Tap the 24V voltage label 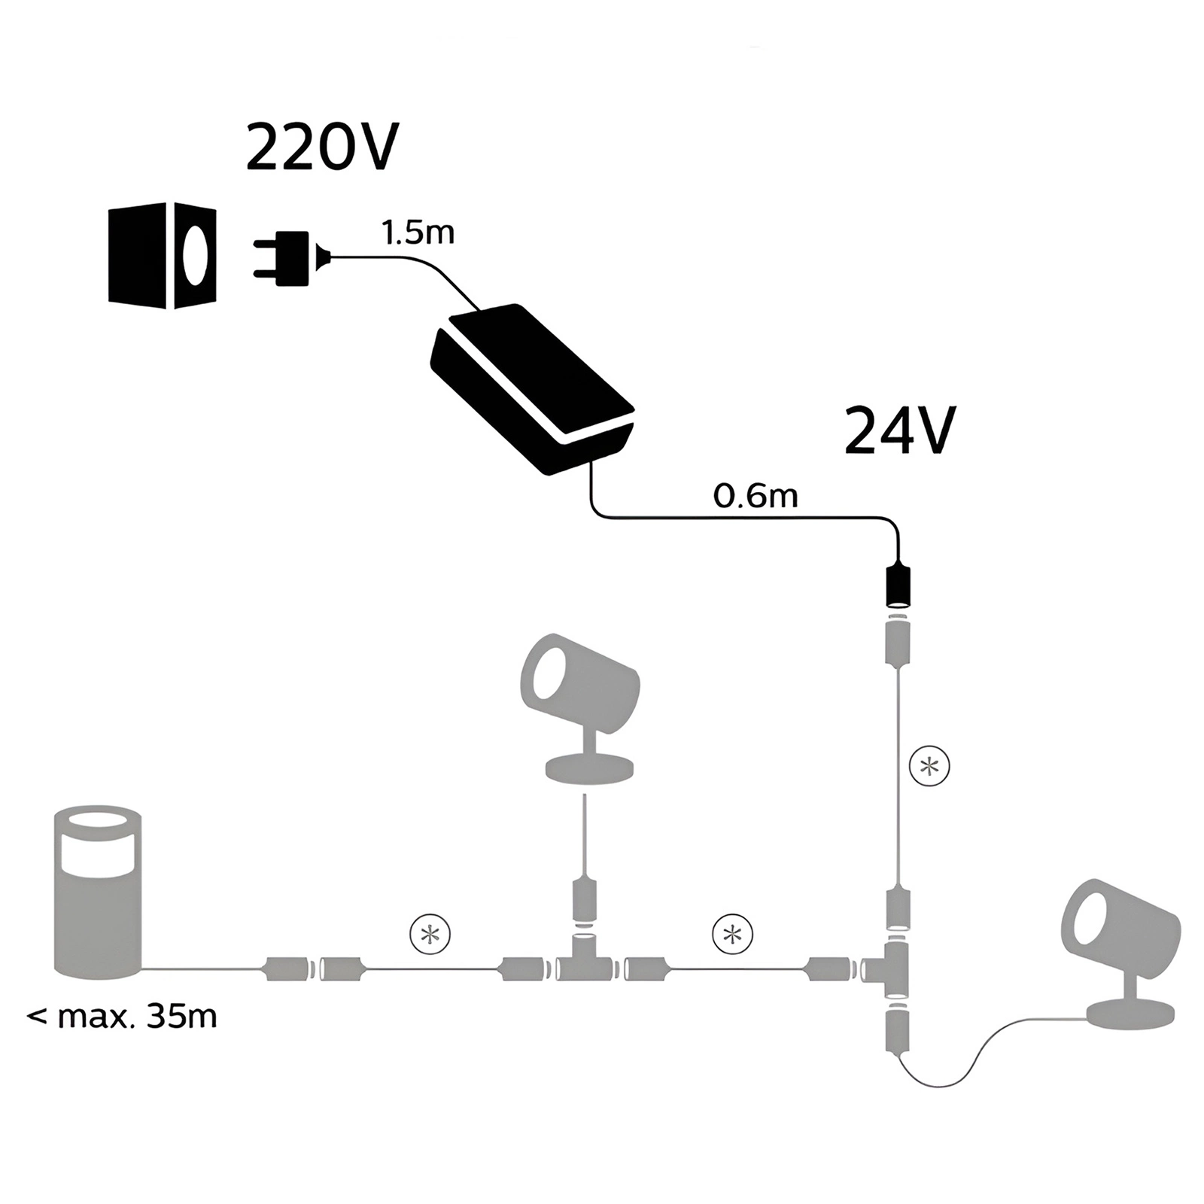click(900, 431)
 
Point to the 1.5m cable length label click(418, 233)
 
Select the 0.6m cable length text click(755, 497)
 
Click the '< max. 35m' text click(122, 1017)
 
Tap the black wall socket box click(163, 256)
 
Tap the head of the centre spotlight click(579, 680)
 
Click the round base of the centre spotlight click(588, 769)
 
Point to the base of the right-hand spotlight click(1130, 1014)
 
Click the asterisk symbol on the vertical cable click(930, 766)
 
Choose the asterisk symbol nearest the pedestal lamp click(430, 935)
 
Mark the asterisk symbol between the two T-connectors click(733, 935)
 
